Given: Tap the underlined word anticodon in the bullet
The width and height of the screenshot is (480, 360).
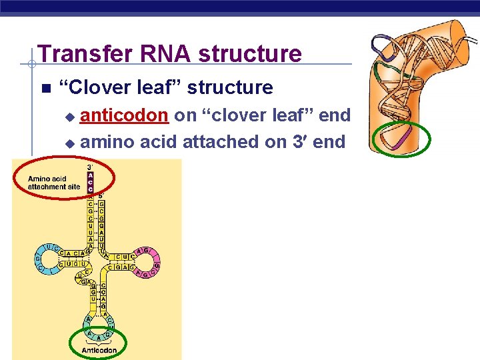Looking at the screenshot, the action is (123, 115).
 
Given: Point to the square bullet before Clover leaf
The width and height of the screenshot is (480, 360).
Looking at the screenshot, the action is (45, 89).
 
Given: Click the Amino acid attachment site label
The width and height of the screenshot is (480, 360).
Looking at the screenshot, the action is (54, 183).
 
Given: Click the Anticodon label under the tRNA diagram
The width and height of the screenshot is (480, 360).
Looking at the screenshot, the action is (99, 350).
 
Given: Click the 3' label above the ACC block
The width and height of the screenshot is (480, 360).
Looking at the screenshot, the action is (91, 167).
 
